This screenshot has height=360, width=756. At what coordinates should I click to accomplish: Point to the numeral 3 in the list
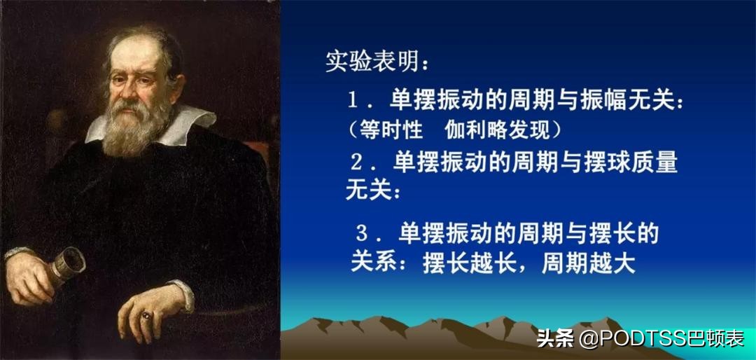pos(362,233)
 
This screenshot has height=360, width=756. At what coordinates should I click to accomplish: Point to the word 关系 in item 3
pos(373,265)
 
